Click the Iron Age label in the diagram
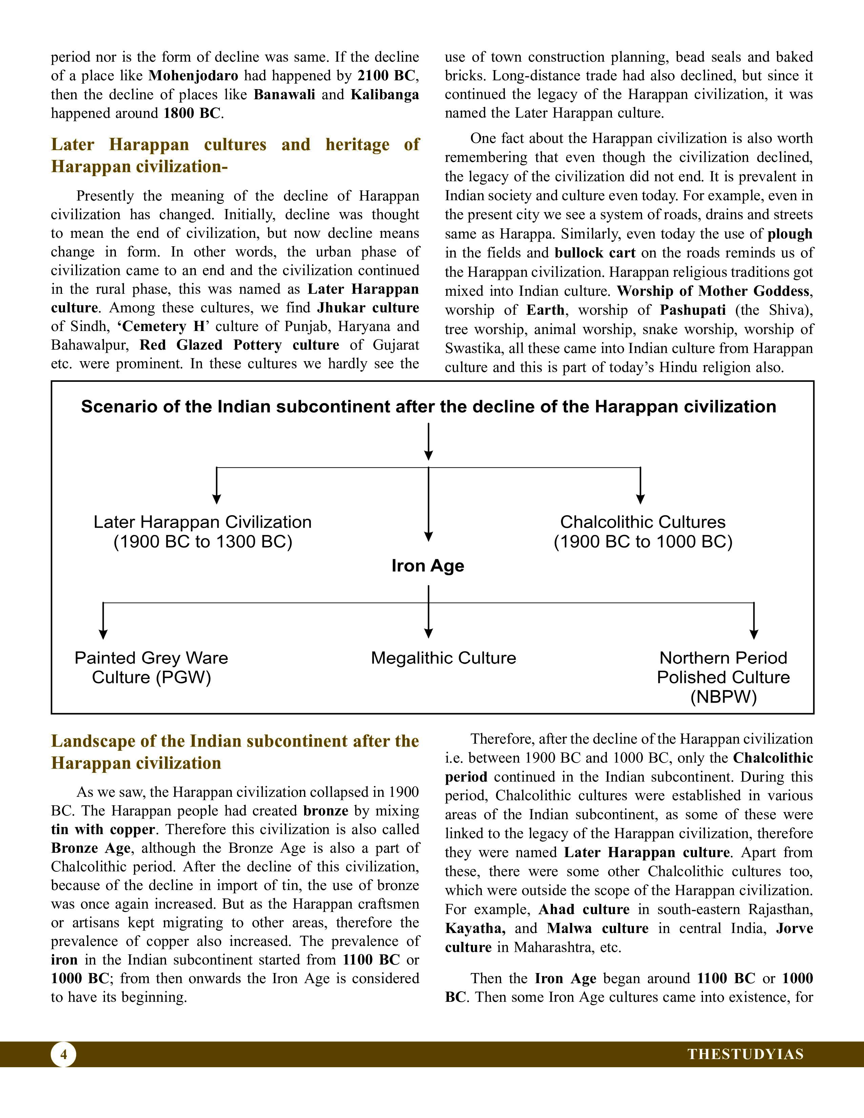(428, 566)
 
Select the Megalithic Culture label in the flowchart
(443, 658)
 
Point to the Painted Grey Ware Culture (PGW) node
(151, 667)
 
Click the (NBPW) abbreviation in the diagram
(723, 697)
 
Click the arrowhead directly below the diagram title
(429, 455)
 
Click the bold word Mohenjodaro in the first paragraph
(193, 76)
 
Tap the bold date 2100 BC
(387, 76)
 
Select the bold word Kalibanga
(385, 95)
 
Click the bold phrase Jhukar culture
(368, 308)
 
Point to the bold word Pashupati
(693, 310)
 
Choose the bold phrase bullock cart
(595, 253)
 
